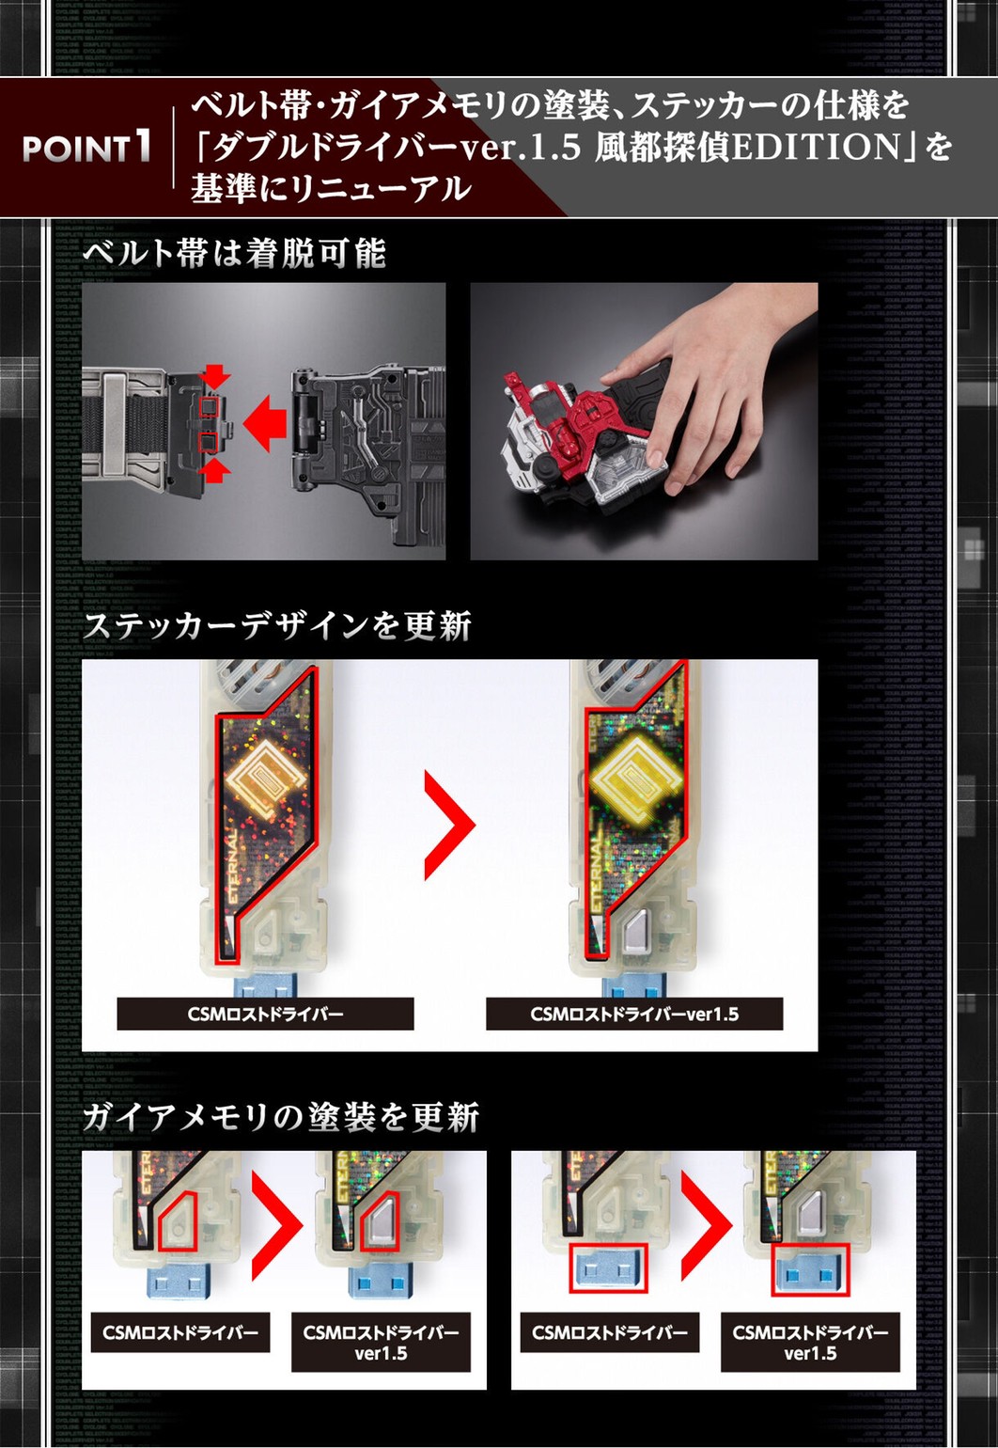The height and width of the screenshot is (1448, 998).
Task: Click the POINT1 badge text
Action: (x=86, y=148)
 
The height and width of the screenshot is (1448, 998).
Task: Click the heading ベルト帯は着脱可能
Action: (x=235, y=253)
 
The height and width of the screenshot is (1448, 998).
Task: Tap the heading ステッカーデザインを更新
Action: (x=277, y=626)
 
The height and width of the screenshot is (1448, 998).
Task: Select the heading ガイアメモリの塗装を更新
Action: (x=281, y=1117)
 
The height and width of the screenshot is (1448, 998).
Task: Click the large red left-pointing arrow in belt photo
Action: (x=266, y=423)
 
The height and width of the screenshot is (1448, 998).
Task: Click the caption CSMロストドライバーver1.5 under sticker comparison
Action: (x=634, y=1015)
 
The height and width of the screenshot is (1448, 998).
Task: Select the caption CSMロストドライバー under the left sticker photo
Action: (x=265, y=1015)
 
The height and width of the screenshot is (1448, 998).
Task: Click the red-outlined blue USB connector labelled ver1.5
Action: (x=809, y=1268)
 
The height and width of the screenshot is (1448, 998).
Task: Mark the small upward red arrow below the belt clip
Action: (x=216, y=471)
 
